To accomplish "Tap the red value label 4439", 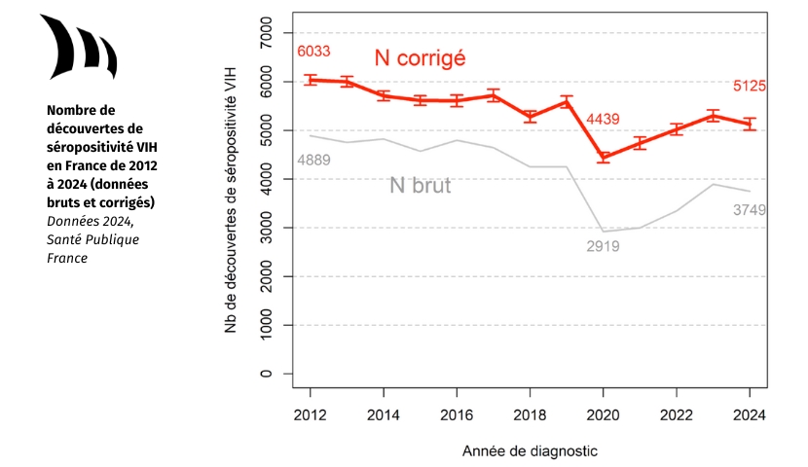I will coord(605,120).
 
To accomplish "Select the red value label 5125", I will coord(750,86).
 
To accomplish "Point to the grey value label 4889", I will coord(312,160).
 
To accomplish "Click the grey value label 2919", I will coord(604,246).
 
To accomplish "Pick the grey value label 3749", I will coord(750,210).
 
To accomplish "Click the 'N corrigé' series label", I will coord(420,58).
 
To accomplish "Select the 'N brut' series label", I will coord(420,185).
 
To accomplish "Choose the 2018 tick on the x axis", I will coord(530,413).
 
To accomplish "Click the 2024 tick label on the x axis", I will coord(750,413).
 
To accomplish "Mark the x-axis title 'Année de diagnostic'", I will coord(530,451).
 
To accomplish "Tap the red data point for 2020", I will coord(604,157).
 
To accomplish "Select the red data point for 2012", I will coord(311,80).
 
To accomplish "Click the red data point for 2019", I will coord(567,101).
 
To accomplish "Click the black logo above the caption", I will coord(78,49).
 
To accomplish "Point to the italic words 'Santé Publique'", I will coord(92,238).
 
